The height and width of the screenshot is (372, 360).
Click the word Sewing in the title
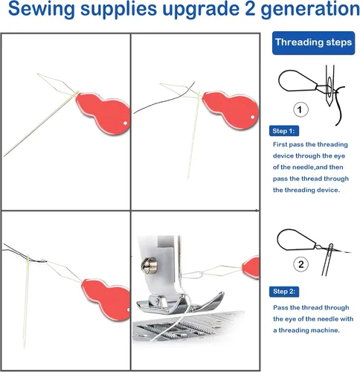42,10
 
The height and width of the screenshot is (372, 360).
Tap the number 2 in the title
248,8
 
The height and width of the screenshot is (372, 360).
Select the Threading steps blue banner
313,43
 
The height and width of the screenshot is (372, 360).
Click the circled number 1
300,109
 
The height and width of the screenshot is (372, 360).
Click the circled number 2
300,264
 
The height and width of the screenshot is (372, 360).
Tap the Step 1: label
284,131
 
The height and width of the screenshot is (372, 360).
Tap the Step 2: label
284,292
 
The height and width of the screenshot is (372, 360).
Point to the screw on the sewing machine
149,266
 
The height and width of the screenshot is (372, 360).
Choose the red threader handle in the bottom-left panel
106,299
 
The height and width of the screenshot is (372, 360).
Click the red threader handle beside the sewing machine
251,267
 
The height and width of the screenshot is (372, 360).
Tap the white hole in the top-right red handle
253,117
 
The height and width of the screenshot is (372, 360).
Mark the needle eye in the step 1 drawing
329,86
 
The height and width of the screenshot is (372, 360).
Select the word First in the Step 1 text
280,144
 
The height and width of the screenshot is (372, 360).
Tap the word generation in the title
310,10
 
